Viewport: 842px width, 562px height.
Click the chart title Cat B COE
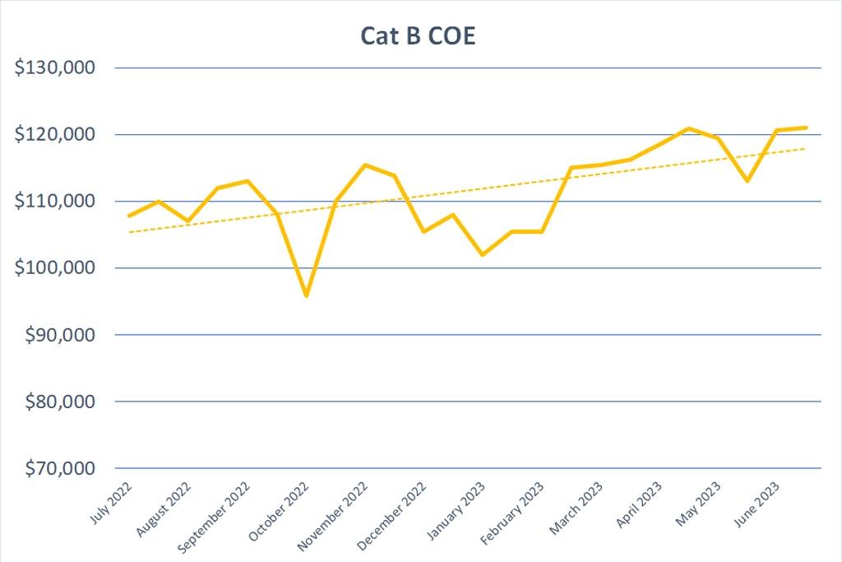click(418, 37)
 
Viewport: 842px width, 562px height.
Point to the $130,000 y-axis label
click(56, 67)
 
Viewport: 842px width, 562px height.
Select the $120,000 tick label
click(56, 134)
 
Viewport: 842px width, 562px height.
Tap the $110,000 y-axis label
click(56, 201)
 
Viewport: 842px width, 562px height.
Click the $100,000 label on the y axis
click(56, 268)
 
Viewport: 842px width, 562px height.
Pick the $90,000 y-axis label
click(61, 335)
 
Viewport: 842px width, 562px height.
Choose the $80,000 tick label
click(61, 402)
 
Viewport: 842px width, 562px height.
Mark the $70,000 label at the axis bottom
click(61, 468)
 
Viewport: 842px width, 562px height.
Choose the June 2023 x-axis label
click(755, 500)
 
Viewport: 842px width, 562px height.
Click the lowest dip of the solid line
click(306, 295)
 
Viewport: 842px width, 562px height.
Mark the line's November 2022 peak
click(365, 165)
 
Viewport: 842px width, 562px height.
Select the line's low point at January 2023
click(483, 254)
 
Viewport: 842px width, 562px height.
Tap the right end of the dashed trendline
click(806, 148)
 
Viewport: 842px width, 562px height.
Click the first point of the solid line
click(129, 216)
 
